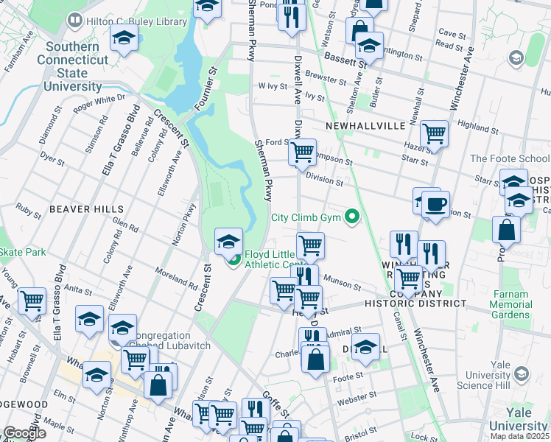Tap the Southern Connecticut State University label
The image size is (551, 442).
point(72,67)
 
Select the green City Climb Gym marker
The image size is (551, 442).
point(353,217)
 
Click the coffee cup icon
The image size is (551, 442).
point(435,205)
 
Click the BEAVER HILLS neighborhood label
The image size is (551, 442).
point(86,209)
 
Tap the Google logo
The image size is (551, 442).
point(24,433)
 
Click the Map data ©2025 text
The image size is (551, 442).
point(519,436)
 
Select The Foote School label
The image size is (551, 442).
point(510,158)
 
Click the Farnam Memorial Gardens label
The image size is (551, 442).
point(509,304)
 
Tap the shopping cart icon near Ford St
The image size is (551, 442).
point(302,152)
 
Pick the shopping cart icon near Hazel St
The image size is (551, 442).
point(435,133)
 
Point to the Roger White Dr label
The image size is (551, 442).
point(99,102)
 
